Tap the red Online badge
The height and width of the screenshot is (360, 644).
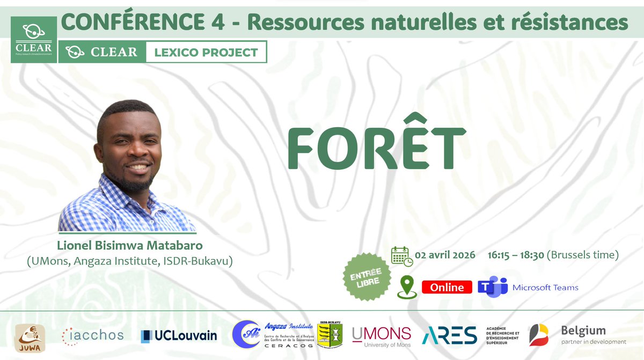click(447, 287)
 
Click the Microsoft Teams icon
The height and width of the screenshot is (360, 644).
click(492, 286)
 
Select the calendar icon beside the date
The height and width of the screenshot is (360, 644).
click(401, 256)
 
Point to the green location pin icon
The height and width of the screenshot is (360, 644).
click(407, 287)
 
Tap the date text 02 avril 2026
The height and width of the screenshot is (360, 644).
click(445, 255)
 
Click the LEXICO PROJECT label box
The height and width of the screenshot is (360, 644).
click(206, 53)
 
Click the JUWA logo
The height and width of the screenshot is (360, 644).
click(30, 337)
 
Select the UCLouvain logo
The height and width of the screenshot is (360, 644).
click(179, 336)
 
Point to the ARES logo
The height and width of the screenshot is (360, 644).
click(449, 335)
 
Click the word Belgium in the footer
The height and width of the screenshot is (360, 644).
click(583, 330)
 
